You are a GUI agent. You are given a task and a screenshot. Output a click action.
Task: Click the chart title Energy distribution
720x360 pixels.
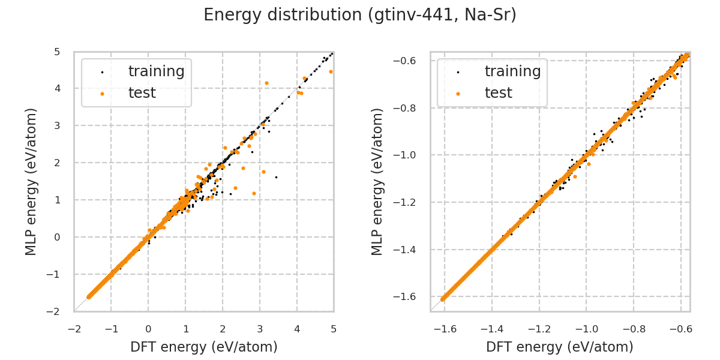[x=360, y=15]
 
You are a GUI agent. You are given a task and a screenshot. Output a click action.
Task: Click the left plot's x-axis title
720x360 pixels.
[x=204, y=347]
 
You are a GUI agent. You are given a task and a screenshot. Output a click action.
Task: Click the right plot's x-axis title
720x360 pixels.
[x=560, y=347]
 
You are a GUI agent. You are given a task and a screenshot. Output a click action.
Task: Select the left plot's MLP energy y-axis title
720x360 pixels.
[x=32, y=181]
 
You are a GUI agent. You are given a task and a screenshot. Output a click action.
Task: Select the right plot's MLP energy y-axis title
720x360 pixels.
[x=377, y=181]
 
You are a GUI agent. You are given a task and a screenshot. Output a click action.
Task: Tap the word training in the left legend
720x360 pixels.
[x=156, y=71]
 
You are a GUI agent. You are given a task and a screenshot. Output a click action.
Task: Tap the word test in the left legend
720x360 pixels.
[x=142, y=93]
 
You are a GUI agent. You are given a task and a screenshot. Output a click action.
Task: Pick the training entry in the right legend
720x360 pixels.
[x=512, y=71]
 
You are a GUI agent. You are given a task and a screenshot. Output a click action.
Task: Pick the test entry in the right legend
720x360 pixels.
[x=498, y=93]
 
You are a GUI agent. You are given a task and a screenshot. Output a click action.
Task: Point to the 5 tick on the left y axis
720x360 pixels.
[x=57, y=52]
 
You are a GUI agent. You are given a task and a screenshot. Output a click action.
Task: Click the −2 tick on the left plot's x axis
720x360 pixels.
[x=74, y=329]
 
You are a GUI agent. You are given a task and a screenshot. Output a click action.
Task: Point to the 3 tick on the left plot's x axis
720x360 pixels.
[x=260, y=329]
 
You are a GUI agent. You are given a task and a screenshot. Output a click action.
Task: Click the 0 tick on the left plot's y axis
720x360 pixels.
[x=57, y=237]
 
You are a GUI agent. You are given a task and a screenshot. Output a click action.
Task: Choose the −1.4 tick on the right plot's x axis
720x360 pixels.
[x=491, y=329]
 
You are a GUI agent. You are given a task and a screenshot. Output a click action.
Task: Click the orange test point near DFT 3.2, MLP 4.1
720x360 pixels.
[x=266, y=83]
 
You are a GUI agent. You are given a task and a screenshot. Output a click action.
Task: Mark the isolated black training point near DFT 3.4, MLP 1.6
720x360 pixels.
[x=276, y=177]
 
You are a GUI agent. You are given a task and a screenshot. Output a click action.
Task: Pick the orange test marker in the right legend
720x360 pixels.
[x=458, y=94]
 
